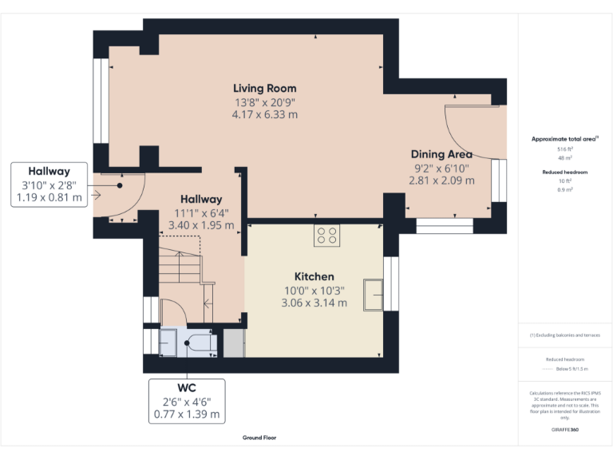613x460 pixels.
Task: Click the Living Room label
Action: click(x=265, y=88)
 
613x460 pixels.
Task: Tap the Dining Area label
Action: click(x=441, y=154)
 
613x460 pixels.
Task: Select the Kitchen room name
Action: click(x=314, y=276)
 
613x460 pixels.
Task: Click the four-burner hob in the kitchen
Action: click(x=326, y=235)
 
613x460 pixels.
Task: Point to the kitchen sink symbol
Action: click(x=373, y=294)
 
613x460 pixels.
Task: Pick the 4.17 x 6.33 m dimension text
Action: click(x=265, y=115)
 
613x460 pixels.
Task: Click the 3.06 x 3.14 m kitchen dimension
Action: click(x=314, y=303)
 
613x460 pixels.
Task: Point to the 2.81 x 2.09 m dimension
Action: click(x=441, y=180)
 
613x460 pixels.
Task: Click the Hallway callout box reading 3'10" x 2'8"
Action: click(x=49, y=184)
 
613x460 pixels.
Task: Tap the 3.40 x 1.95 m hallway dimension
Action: click(x=200, y=225)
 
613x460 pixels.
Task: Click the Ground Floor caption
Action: click(x=259, y=438)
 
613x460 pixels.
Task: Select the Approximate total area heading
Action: click(x=564, y=139)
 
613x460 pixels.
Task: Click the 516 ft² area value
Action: click(x=564, y=149)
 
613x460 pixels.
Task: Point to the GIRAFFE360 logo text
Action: click(x=564, y=430)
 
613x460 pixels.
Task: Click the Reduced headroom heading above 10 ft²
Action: click(x=564, y=172)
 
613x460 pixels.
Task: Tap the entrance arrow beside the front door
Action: click(x=97, y=194)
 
